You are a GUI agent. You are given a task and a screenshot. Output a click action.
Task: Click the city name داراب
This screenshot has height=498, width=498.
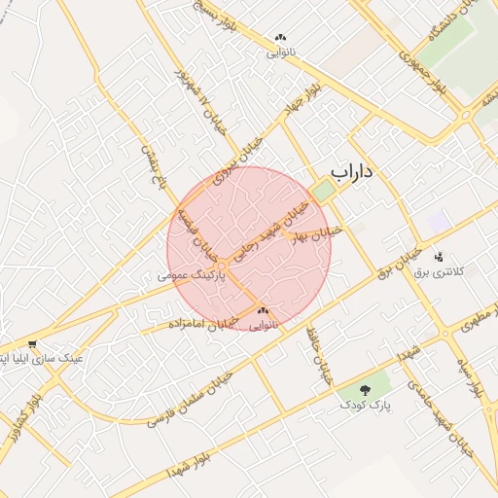[x=352, y=172]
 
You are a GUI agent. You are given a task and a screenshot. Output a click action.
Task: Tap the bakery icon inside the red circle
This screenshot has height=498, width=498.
[x=263, y=310]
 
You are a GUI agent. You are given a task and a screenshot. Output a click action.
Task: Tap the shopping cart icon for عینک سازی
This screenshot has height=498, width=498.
[x=33, y=343]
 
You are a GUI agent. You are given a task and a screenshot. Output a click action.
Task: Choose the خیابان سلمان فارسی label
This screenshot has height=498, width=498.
[x=190, y=399]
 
